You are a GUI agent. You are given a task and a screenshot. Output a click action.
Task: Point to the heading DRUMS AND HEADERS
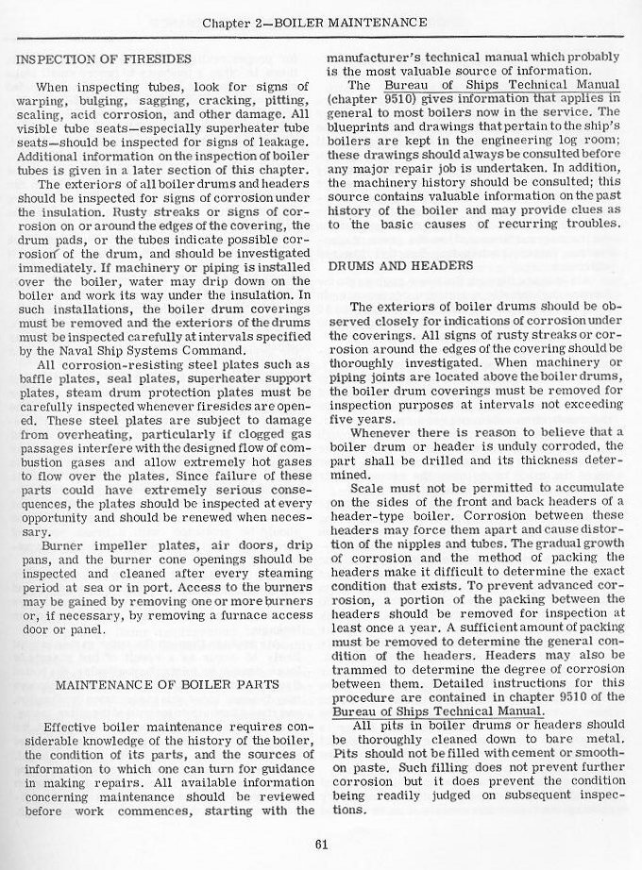[x=400, y=266]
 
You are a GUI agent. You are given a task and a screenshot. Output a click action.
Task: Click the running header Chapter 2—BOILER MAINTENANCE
[x=320, y=20]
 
